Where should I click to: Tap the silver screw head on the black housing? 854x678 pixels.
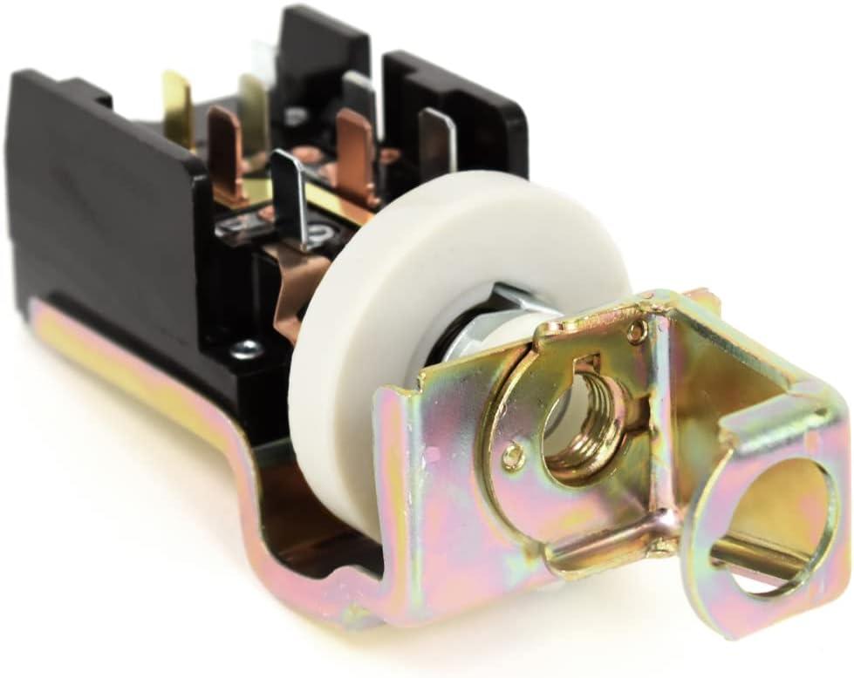[x=245, y=349]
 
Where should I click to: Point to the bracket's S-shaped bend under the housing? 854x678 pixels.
[x=253, y=488]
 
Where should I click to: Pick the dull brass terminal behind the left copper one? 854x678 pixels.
[x=254, y=113]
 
